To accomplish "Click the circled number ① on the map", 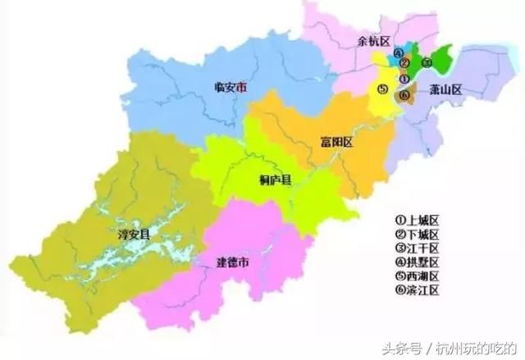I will point(404,79).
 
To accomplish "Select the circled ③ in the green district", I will point(425,62).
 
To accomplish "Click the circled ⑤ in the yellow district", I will point(382,88).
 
